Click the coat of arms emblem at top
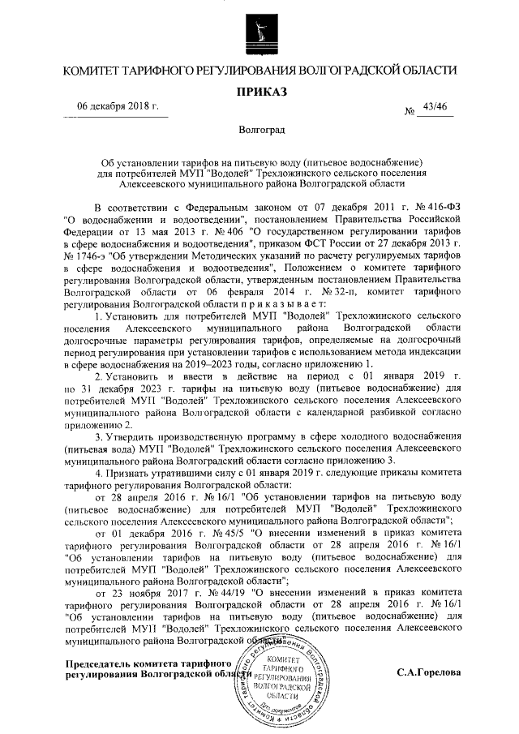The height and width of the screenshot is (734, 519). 259,32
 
